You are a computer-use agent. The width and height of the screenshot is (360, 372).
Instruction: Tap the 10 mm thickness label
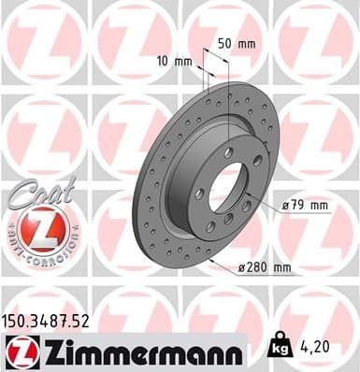point(176,63)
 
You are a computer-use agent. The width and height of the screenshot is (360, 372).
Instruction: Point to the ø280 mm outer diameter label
point(265,268)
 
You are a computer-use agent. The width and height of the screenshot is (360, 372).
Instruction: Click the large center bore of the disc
point(229,185)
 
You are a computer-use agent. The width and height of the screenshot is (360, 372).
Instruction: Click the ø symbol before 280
point(241,269)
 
